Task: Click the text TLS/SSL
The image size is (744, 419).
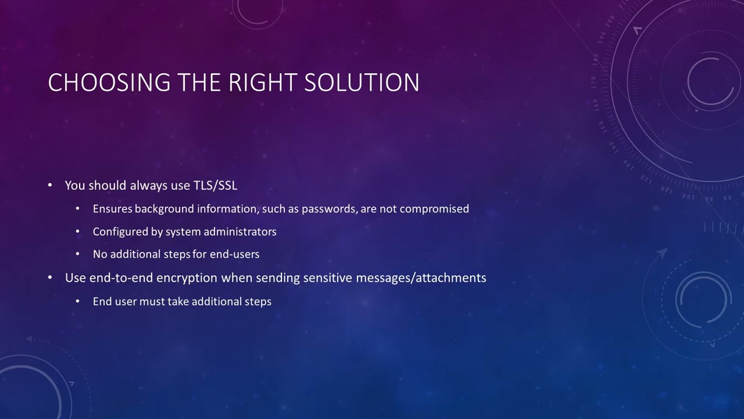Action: pyautogui.click(x=215, y=186)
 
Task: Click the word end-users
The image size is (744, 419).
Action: pyautogui.click(x=234, y=254)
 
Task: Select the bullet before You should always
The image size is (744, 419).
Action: pyautogui.click(x=51, y=186)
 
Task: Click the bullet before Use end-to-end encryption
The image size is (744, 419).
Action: pyautogui.click(x=51, y=278)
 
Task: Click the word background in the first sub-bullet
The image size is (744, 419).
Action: pyautogui.click(x=164, y=209)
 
